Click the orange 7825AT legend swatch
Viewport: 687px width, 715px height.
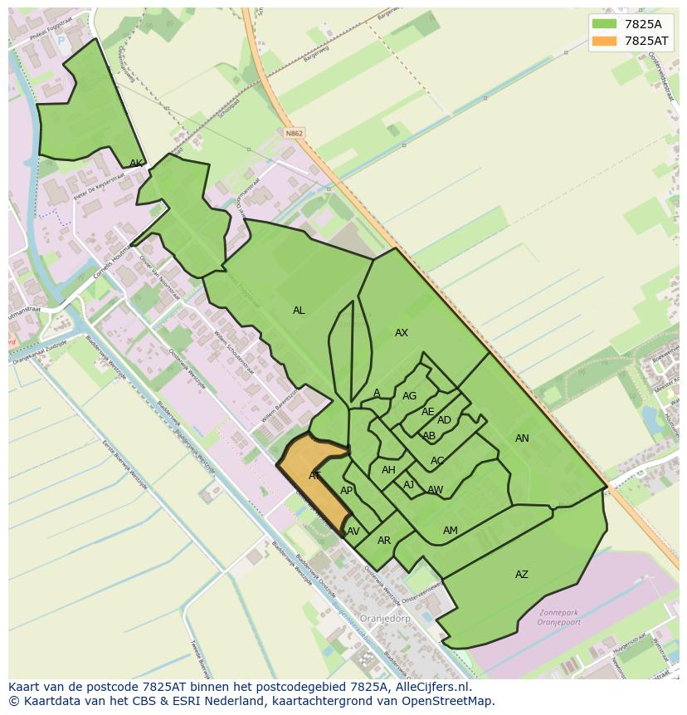tap(605, 41)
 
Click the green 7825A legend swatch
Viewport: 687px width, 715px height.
tap(605, 24)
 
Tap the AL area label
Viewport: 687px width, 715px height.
tap(299, 311)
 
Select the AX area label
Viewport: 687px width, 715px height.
tap(402, 333)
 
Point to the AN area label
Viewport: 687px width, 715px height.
tap(522, 438)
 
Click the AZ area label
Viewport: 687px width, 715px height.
tap(522, 575)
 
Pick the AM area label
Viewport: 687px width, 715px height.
tap(451, 531)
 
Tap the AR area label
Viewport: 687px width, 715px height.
tap(384, 541)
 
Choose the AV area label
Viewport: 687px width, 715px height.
tap(353, 531)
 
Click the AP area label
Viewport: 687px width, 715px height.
tap(347, 491)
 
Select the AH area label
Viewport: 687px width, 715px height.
tap(388, 470)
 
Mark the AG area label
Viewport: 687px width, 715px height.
tap(409, 396)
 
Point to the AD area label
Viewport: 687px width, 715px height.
tap(444, 420)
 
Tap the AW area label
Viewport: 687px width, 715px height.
tap(436, 490)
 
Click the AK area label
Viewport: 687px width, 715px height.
tap(136, 164)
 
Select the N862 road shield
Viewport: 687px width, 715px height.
tap(293, 133)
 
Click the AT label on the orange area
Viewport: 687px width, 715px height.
tap(315, 476)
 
